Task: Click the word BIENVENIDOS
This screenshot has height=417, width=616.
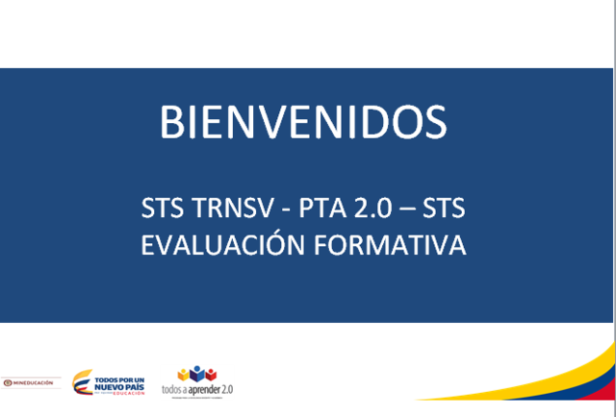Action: [x=303, y=122]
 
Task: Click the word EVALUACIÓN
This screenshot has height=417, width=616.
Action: [x=222, y=245]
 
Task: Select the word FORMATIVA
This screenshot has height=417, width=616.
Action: [x=390, y=245]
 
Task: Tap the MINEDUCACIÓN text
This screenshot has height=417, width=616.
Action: [x=37, y=382]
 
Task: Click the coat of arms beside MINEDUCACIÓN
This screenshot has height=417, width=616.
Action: [x=7, y=382]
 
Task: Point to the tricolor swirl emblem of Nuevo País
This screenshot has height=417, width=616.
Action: [x=83, y=382]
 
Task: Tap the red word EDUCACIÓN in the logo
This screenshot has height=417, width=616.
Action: [x=128, y=393]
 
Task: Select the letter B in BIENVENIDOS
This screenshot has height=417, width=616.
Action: [x=170, y=122]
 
